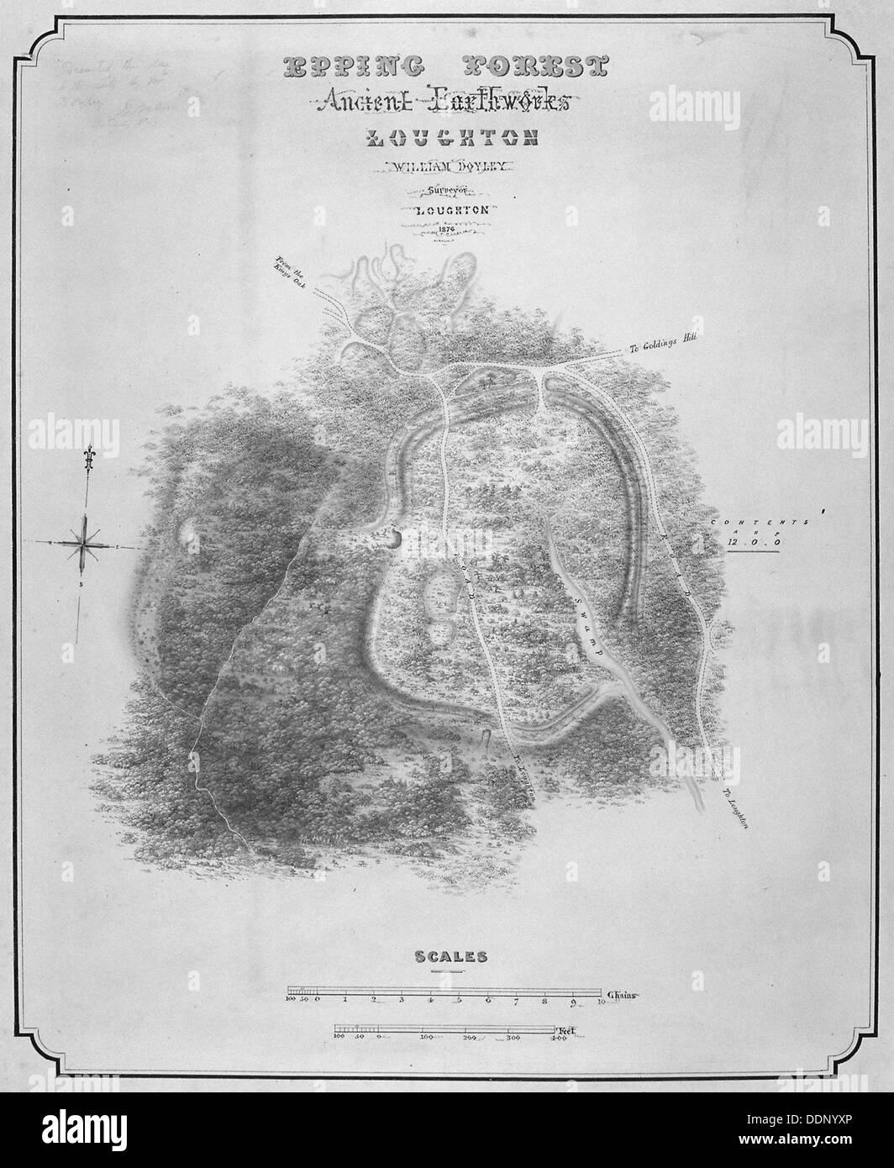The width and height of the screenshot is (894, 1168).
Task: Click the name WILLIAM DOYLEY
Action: coord(441,168)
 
